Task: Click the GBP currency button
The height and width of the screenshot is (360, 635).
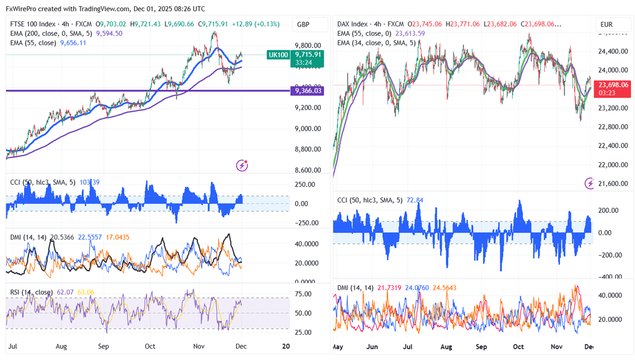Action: tap(304, 25)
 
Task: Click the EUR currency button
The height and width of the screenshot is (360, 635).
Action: tap(606, 25)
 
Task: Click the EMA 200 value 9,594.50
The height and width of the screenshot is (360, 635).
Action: tap(109, 34)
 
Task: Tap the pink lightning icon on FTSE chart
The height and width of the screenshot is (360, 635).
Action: tap(242, 165)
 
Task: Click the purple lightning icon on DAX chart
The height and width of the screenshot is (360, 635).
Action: tap(590, 183)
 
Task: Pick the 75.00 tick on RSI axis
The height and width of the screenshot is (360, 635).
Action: tap(304, 295)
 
